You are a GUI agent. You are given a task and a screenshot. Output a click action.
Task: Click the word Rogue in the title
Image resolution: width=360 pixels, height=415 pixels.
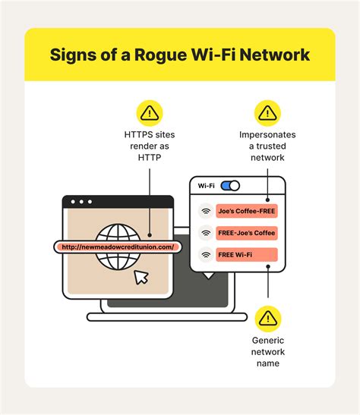click(160, 55)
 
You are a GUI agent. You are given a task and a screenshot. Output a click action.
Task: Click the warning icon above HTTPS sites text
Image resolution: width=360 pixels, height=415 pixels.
click(150, 113)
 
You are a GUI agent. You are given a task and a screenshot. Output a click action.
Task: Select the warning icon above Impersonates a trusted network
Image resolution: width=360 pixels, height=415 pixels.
click(267, 113)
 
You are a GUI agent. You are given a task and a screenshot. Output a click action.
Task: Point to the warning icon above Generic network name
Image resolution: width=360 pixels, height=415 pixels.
click(268, 319)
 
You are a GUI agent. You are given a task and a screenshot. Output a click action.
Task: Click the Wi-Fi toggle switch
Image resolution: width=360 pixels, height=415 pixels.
click(230, 186)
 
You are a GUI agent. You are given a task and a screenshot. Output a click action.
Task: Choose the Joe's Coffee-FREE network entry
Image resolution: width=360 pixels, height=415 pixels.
click(247, 211)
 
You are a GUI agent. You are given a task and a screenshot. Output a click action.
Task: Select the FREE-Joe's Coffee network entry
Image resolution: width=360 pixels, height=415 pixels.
click(247, 233)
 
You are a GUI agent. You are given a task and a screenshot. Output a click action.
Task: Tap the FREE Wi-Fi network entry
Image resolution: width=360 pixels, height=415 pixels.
click(247, 255)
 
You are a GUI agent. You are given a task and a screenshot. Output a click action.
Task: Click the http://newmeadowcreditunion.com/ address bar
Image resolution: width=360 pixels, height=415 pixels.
click(118, 247)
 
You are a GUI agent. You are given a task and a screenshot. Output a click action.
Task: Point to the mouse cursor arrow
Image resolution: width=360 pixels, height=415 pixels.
click(141, 277)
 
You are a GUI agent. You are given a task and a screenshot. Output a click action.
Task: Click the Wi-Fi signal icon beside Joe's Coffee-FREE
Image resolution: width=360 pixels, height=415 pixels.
click(206, 211)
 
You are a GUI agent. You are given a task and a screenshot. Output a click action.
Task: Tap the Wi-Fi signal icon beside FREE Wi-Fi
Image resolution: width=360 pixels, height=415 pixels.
click(206, 255)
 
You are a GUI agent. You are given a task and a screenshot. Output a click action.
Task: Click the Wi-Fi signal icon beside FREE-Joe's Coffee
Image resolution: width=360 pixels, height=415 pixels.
click(206, 233)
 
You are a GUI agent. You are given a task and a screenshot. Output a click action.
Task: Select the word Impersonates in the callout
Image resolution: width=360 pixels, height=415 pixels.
click(267, 135)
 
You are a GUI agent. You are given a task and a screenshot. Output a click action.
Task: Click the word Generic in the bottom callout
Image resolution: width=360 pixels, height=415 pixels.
click(268, 341)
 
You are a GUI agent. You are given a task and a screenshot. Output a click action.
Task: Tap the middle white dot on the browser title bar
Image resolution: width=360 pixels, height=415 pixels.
click(81, 202)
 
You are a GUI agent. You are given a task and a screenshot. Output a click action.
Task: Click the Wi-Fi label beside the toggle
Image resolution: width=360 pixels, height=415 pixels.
click(206, 186)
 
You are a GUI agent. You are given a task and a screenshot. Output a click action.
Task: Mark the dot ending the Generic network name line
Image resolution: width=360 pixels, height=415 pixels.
click(268, 266)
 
